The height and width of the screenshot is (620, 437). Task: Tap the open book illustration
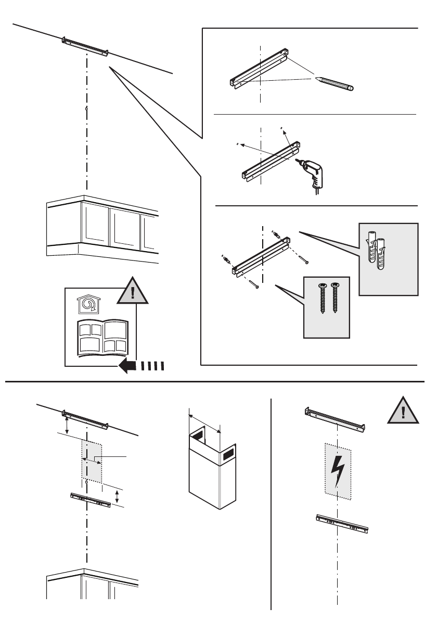point(102,338)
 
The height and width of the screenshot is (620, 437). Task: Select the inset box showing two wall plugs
point(388,259)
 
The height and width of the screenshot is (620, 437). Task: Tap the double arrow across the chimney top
point(205,423)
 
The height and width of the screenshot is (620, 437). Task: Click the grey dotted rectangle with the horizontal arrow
point(91,462)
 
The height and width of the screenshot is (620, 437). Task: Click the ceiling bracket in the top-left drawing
point(85,46)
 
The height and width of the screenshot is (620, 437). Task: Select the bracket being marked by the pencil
point(259,69)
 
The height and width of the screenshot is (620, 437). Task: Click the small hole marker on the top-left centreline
point(86,109)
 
